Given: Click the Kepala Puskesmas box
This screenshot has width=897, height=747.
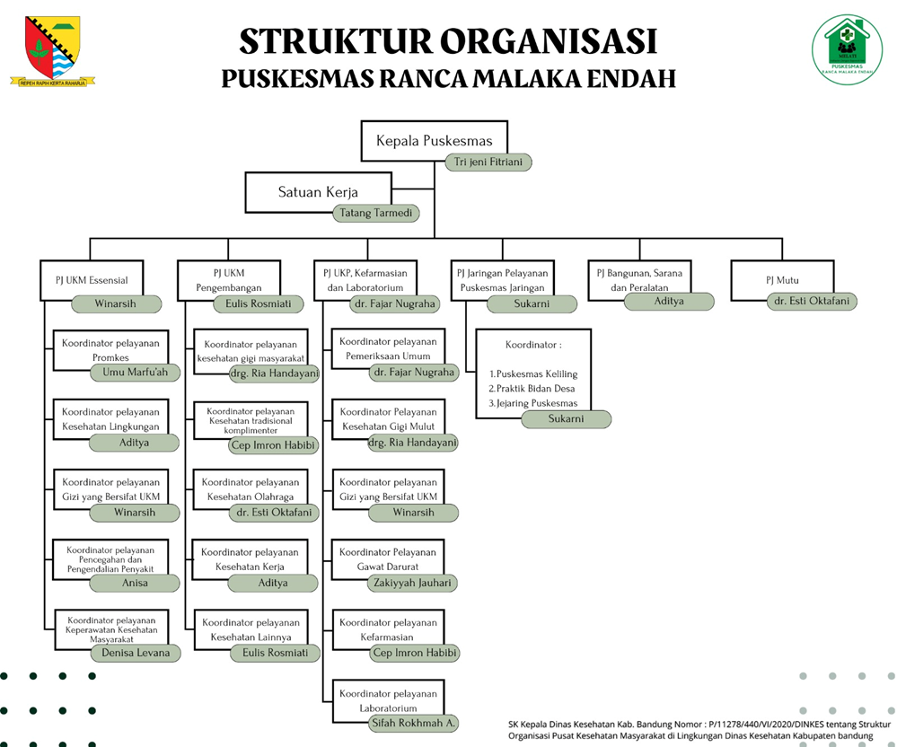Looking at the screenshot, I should coord(434,141).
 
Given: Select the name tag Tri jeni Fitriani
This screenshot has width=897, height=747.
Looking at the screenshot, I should coord(488,163).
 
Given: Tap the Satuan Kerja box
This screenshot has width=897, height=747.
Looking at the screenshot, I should coord(318,192).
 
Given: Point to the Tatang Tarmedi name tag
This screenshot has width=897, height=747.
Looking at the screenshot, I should coord(375,213).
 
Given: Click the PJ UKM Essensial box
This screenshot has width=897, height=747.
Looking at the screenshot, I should coord(90,279).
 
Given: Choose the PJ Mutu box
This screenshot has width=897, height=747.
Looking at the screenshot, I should coord(782,279).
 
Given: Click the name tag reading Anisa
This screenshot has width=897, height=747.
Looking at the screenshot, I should coord(135,583).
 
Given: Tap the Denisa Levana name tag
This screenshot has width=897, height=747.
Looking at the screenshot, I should coord(135,653).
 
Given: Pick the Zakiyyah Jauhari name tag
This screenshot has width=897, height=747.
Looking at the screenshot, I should coord(413,583).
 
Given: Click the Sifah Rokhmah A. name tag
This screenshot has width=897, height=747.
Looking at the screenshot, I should coord(414,722).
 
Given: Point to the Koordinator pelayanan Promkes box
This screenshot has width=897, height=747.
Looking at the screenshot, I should coord(110,349).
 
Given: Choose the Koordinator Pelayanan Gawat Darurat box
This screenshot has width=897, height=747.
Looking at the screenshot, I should coord(387,558).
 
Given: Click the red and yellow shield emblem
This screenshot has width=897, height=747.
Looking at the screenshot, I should coord(53,50).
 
